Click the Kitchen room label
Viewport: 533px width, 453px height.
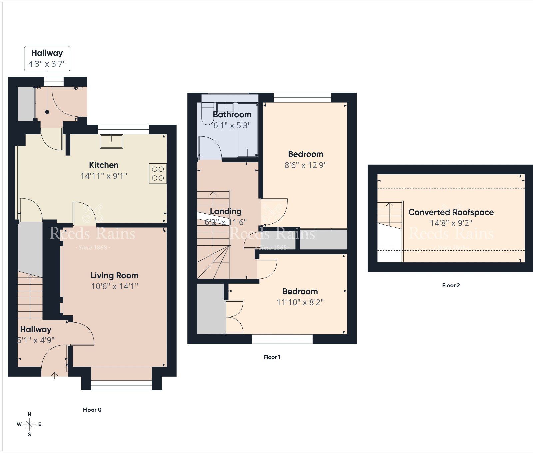click(x=104, y=165)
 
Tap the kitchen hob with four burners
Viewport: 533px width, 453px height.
click(x=158, y=174)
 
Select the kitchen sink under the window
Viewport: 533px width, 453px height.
click(x=111, y=141)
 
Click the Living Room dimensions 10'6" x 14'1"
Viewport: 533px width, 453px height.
click(x=114, y=286)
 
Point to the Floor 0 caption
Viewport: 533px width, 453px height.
click(x=92, y=410)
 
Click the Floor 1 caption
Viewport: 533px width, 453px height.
click(x=272, y=357)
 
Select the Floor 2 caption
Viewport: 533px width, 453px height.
click(x=451, y=285)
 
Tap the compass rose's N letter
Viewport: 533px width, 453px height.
click(x=29, y=414)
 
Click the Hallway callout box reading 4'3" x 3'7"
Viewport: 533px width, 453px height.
click(x=47, y=59)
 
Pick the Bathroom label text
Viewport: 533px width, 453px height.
click(x=232, y=115)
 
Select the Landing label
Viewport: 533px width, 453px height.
click(x=226, y=211)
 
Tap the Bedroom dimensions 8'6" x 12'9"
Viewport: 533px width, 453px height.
click(x=305, y=165)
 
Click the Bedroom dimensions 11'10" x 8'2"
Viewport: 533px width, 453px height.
click(x=300, y=302)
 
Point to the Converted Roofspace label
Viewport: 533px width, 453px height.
click(x=451, y=212)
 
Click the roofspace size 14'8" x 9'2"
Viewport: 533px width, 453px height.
click(x=451, y=223)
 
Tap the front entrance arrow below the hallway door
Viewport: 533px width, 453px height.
click(x=55, y=376)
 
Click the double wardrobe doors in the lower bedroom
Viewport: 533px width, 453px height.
click(x=234, y=316)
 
